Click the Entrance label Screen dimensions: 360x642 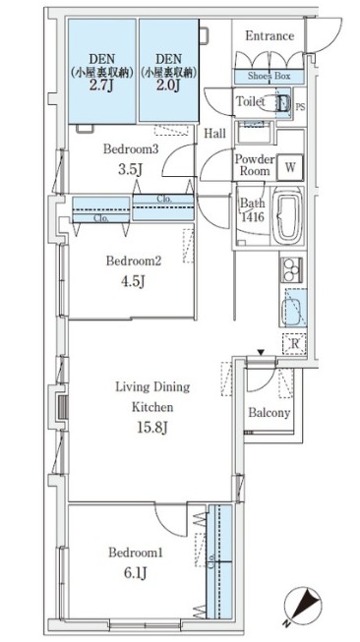pyautogui.click(x=270, y=36)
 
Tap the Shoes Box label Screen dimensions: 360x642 pyautogui.click(x=269, y=76)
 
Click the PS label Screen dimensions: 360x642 pyautogui.click(x=300, y=107)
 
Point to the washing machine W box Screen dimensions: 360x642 pyautogui.click(x=289, y=167)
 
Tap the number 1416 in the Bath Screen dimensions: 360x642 pyautogui.click(x=252, y=216)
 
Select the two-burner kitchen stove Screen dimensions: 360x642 pyautogui.click(x=291, y=269)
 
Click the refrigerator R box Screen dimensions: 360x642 pyautogui.click(x=294, y=344)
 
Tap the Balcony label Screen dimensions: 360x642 pyautogui.click(x=270, y=412)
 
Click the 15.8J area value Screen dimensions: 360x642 pyautogui.click(x=151, y=428)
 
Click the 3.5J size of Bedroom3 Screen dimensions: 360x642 pyautogui.click(x=130, y=169)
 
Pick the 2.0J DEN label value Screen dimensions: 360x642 pyautogui.click(x=168, y=87)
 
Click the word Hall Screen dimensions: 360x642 pyautogui.click(x=215, y=133)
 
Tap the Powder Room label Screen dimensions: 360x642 pyautogui.click(x=254, y=165)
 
